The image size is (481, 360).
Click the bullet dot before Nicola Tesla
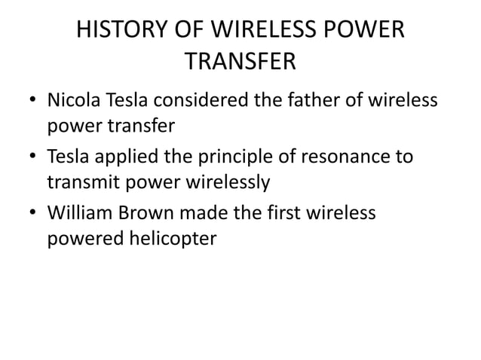tap(32, 101)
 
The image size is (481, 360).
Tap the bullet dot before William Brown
tap(32, 215)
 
